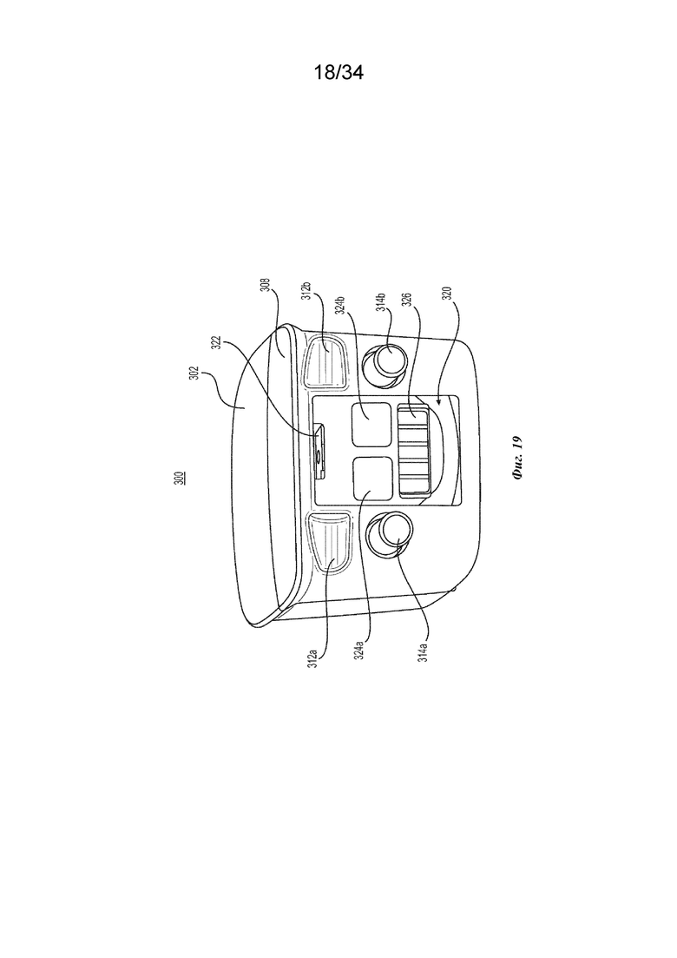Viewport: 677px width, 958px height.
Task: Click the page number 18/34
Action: pyautogui.click(x=338, y=73)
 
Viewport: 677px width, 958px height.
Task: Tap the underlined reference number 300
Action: pyautogui.click(x=181, y=478)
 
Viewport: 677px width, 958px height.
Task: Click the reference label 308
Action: pyautogui.click(x=266, y=287)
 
